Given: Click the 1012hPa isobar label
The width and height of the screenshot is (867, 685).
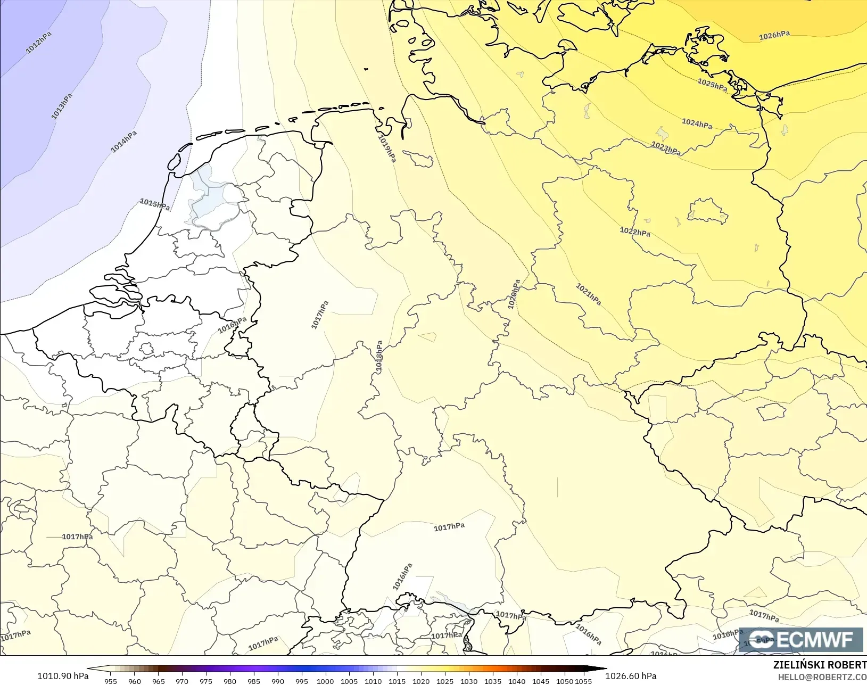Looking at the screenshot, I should pyautogui.click(x=39, y=43).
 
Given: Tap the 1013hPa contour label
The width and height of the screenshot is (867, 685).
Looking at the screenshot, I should pyautogui.click(x=62, y=106).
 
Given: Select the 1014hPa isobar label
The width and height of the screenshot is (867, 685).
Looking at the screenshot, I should pyautogui.click(x=123, y=142).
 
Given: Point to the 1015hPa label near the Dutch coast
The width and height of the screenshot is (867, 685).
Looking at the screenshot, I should pyautogui.click(x=155, y=204).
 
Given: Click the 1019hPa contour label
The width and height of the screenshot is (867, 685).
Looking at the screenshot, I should pyautogui.click(x=387, y=148).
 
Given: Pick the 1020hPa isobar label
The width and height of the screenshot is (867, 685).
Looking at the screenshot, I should pyautogui.click(x=514, y=294).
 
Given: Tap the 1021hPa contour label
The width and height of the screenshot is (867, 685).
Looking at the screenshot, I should pyautogui.click(x=589, y=294).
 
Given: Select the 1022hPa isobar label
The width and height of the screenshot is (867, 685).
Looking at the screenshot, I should pyautogui.click(x=635, y=232).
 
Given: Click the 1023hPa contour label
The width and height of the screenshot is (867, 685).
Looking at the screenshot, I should pyautogui.click(x=666, y=147).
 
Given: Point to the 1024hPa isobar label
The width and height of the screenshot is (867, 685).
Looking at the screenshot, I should pyautogui.click(x=697, y=123).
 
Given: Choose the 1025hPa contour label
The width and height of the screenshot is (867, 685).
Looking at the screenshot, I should pyautogui.click(x=713, y=85).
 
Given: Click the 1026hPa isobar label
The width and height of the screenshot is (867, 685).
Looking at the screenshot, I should pyautogui.click(x=774, y=36).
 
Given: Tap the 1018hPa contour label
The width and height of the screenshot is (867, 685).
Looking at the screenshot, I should pyautogui.click(x=379, y=356).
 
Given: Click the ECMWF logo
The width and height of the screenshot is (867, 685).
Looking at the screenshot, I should pyautogui.click(x=800, y=639).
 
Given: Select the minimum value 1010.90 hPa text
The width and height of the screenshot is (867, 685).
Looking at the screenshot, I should pyautogui.click(x=63, y=676).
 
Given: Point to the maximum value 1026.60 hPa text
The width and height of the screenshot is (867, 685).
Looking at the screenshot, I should pyautogui.click(x=631, y=676).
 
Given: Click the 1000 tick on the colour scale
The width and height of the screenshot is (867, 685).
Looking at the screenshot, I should pyautogui.click(x=325, y=681).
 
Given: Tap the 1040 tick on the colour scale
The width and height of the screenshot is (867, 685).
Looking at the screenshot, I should pyautogui.click(x=516, y=681).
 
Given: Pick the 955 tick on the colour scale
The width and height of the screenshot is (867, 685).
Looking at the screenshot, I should pyautogui.click(x=111, y=681).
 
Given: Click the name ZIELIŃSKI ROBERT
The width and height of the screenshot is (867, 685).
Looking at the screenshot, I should pyautogui.click(x=820, y=665).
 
